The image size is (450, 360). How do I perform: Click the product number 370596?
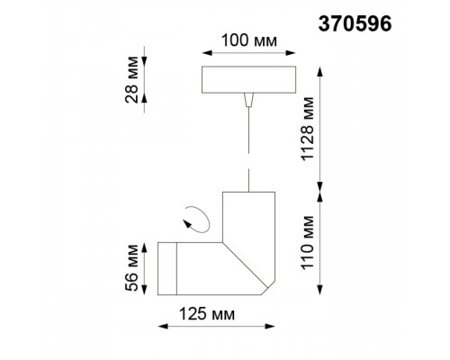coord(355,23)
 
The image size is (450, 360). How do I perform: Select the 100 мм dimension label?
coord(249,40)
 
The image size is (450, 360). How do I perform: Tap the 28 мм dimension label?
coord(131,79)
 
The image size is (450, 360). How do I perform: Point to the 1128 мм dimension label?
coord(308,129)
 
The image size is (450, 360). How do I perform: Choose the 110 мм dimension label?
coord(308,243)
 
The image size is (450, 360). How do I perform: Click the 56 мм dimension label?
coord(132,268)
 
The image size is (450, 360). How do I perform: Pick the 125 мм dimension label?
coord(207,314)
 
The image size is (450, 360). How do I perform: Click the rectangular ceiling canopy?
coord(248,79)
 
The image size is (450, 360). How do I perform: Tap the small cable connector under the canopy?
coord(248,100)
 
